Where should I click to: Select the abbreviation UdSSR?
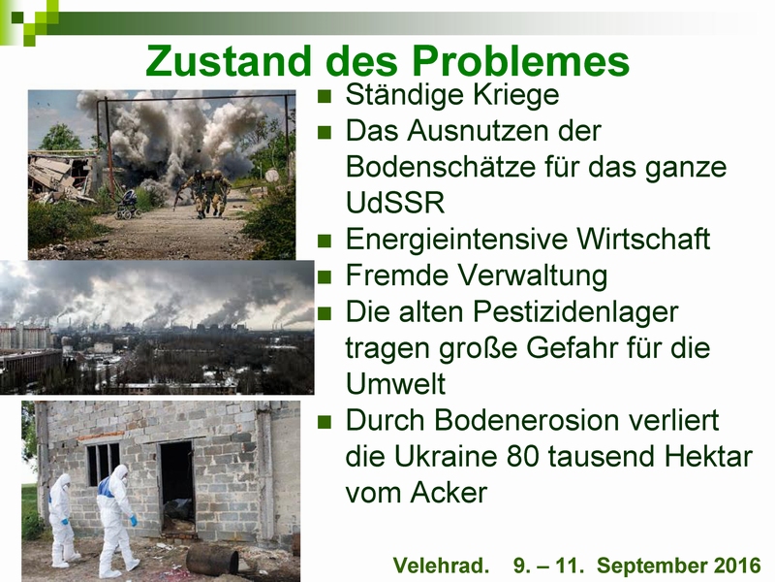395,203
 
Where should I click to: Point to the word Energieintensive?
456,240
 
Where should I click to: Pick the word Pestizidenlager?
575,312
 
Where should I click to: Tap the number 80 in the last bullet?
521,457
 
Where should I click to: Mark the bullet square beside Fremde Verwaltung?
325,276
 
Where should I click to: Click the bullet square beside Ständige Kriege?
325,95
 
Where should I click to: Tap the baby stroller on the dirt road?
127,205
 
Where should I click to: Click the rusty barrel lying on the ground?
212,559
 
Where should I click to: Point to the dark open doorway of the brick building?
177,488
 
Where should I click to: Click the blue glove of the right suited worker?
134,521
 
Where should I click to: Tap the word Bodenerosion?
527,421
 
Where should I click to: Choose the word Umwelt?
395,384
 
